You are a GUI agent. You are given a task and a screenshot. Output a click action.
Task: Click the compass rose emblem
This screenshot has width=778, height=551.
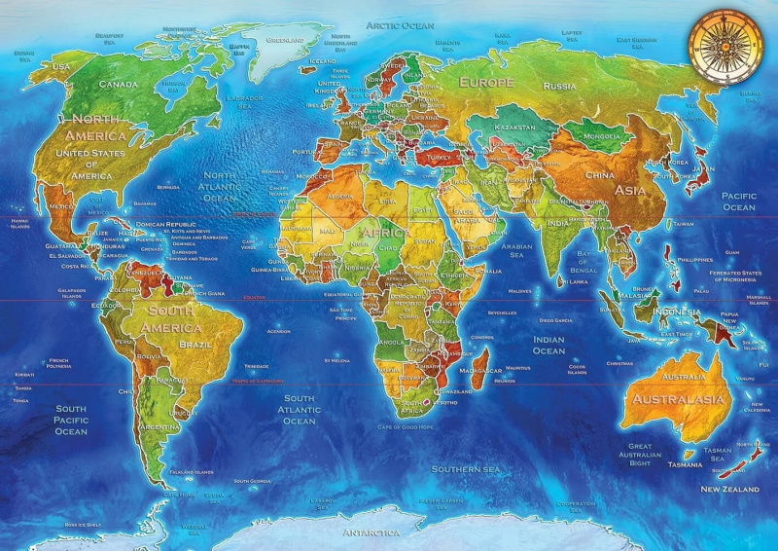[722, 44]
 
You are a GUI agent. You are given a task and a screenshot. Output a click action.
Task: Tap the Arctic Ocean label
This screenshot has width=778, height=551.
[399, 24]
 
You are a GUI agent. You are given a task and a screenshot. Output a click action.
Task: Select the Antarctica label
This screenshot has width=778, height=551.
[371, 533]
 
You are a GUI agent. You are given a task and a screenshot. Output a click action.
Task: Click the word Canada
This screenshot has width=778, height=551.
[118, 84]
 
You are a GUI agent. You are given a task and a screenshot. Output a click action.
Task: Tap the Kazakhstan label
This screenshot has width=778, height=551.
[513, 128]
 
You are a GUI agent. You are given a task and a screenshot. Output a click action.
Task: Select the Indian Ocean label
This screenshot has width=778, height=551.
[548, 345]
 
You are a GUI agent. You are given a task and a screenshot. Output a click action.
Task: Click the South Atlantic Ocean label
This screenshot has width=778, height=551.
[299, 409]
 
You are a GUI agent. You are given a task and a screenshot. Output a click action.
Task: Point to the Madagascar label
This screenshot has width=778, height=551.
[480, 371]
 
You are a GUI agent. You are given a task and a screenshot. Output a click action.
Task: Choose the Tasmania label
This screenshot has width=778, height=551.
[686, 464]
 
